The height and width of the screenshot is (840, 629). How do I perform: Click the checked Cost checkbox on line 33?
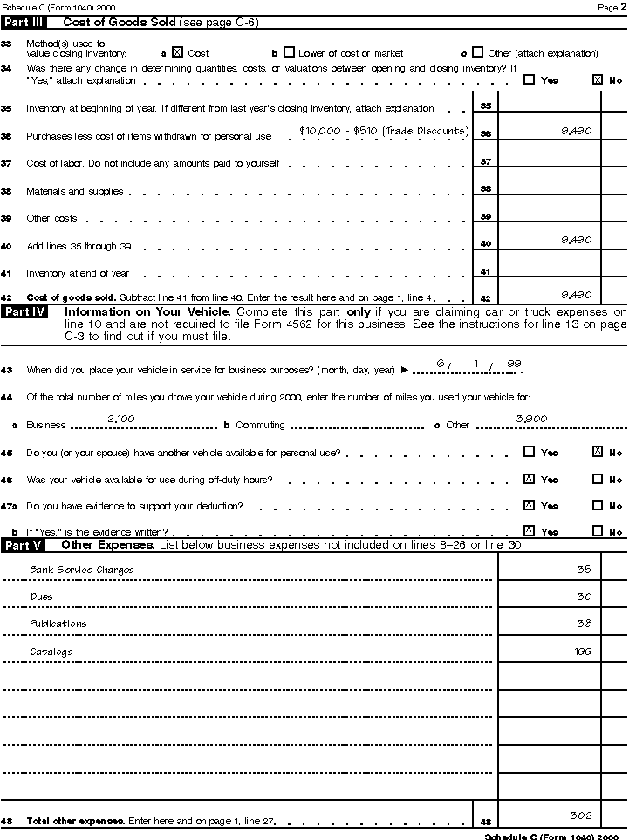[x=177, y=52]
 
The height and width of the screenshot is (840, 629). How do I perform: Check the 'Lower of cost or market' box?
[x=290, y=52]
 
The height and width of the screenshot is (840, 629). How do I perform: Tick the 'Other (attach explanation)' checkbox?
[x=477, y=52]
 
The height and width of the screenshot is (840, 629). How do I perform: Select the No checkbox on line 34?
[x=598, y=79]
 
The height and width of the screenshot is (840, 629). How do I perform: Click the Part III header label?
[x=24, y=21]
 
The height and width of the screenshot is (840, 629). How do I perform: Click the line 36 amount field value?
[x=578, y=130]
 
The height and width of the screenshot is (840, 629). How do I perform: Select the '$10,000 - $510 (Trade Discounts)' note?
[x=384, y=131]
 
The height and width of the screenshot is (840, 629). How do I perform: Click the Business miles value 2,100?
[x=120, y=419]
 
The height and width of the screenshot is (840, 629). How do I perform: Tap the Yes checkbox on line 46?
[x=529, y=479]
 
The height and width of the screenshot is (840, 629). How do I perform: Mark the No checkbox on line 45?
[x=598, y=452]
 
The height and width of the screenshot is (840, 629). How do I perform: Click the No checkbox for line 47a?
[x=598, y=505]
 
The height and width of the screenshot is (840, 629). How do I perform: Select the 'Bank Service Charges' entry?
[x=82, y=570]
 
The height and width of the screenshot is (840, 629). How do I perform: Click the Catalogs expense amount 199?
[x=583, y=651]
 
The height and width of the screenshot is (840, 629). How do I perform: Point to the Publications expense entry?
[x=58, y=624]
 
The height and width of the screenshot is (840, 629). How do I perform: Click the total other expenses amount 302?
[x=581, y=816]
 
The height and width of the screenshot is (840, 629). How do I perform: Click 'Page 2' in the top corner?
[x=608, y=6]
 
